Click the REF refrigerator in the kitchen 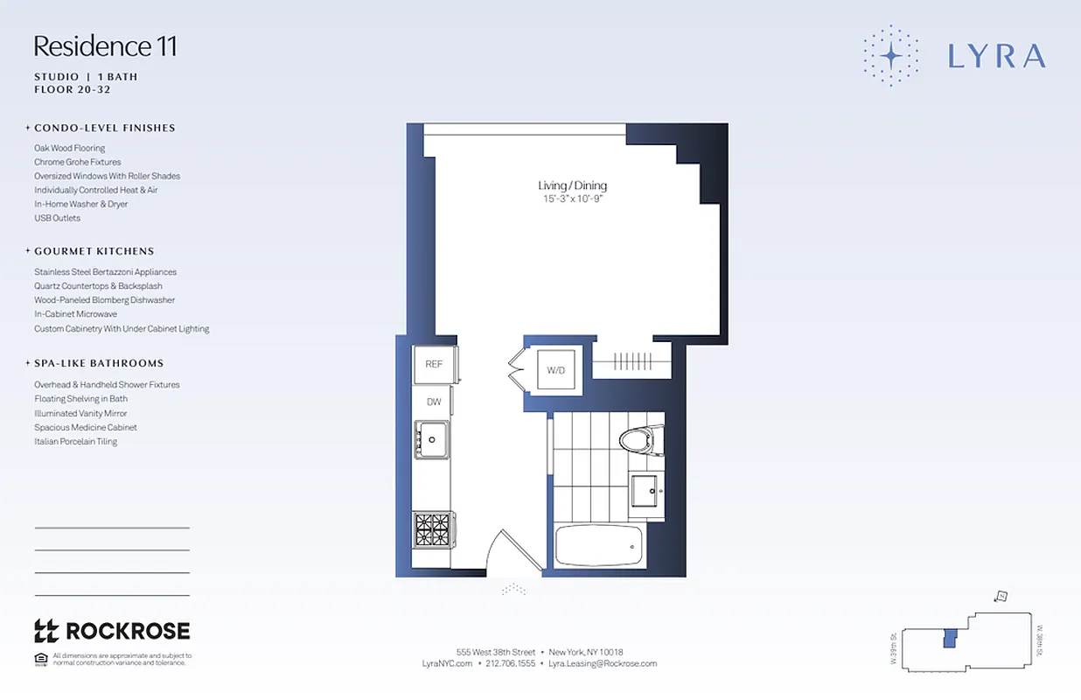coord(434,364)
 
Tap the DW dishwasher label coord(434,402)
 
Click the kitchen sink coord(431,438)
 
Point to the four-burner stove coord(432,529)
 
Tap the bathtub coord(599,545)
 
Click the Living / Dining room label coord(572,185)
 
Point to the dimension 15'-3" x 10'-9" coord(572,199)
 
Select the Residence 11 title coord(105,45)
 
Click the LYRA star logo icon coord(891,56)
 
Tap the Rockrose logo coord(112,631)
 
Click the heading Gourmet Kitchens coord(94,251)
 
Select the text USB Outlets coord(57,218)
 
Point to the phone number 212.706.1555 coord(510,663)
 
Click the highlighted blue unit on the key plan coord(949,639)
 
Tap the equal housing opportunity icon coord(40,658)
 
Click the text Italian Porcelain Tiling coord(75,442)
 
